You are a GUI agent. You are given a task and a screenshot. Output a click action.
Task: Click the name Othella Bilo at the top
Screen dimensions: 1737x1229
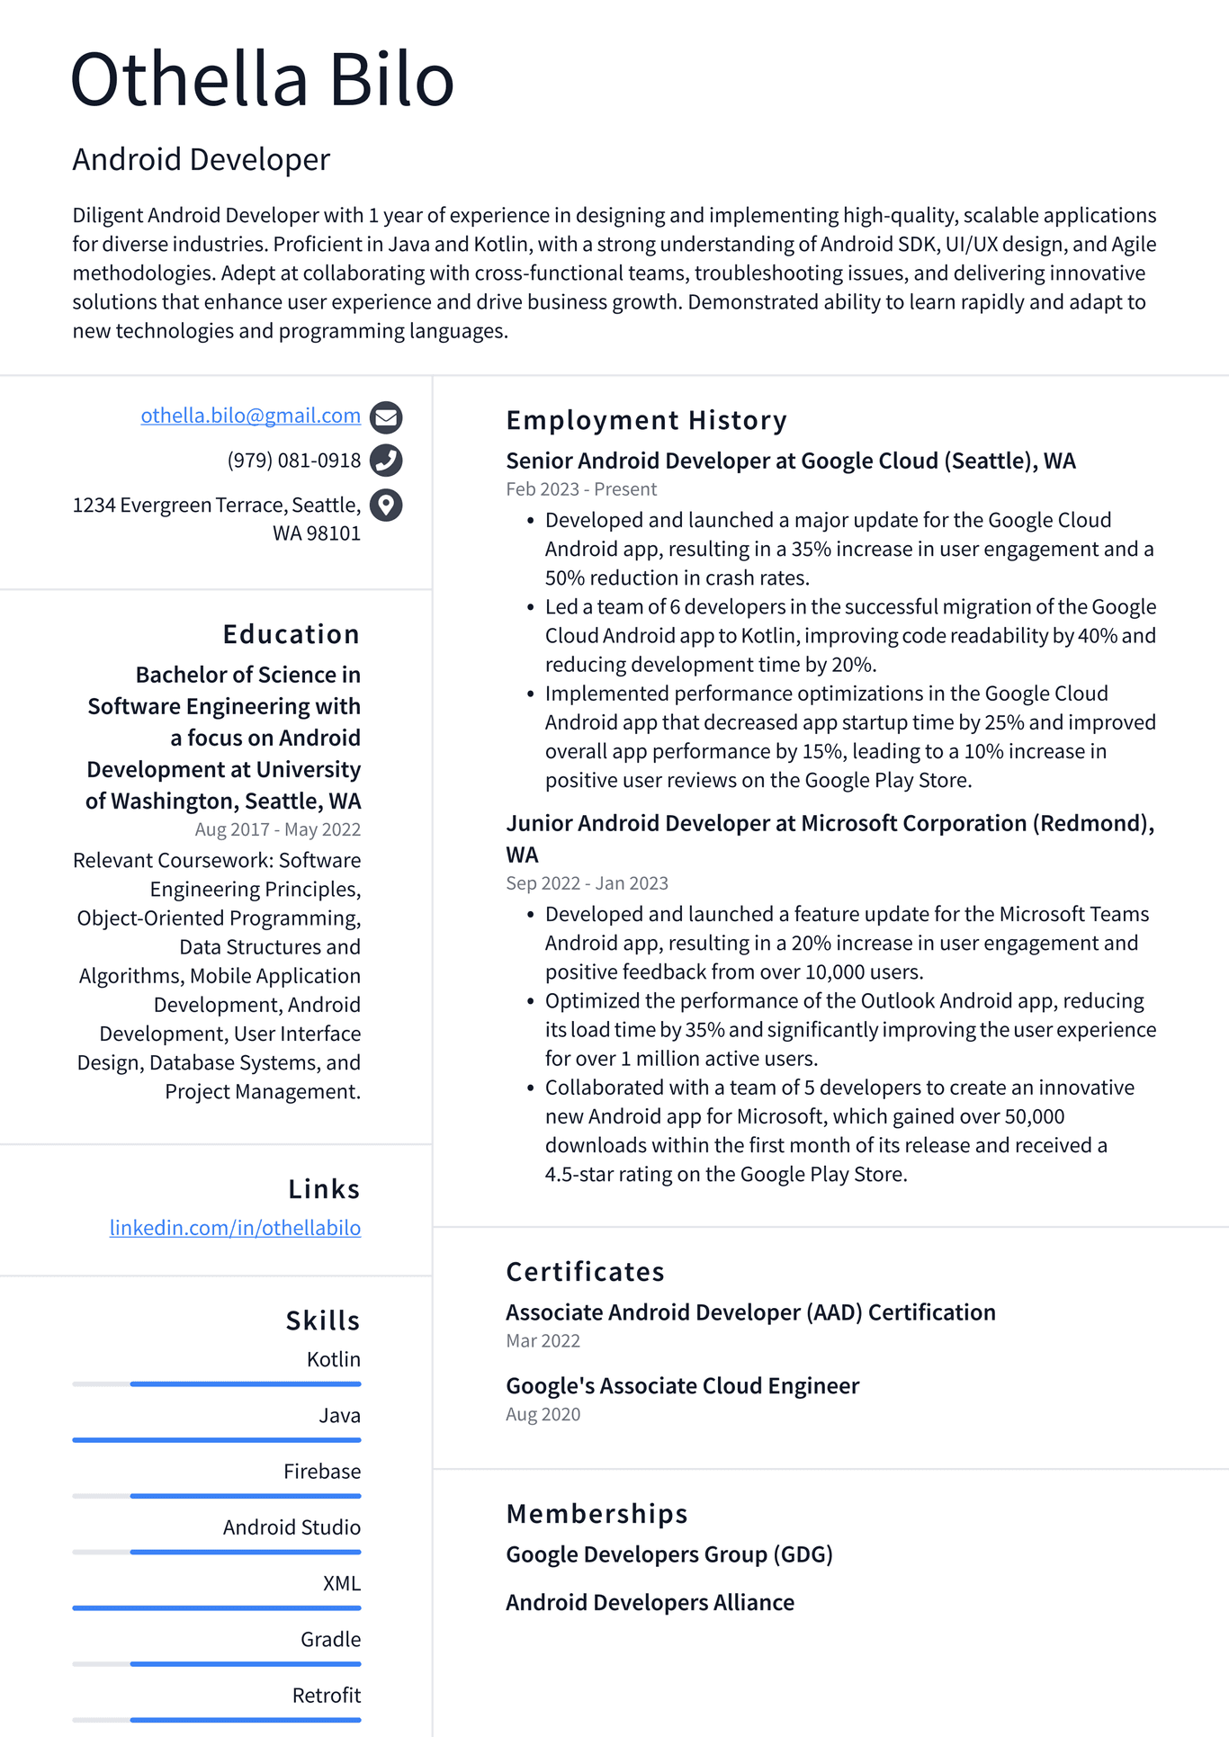click(262, 79)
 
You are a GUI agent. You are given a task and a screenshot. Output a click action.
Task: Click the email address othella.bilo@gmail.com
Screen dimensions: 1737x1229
click(250, 416)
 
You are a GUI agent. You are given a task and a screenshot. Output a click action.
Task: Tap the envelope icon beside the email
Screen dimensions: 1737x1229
click(386, 416)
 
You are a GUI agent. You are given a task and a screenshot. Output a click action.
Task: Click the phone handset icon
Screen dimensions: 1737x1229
click(386, 461)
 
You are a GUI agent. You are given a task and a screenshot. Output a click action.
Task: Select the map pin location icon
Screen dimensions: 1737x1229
click(386, 505)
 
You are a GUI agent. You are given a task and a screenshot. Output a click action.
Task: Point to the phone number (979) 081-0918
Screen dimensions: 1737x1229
click(293, 461)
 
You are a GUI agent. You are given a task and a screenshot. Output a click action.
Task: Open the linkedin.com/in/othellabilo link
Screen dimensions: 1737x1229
click(235, 1228)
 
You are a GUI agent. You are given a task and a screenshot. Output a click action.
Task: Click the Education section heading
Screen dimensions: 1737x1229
click(291, 634)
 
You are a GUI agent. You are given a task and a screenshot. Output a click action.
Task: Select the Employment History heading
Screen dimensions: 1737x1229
click(646, 420)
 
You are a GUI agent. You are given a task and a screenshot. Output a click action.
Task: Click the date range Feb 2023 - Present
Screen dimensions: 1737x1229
click(581, 489)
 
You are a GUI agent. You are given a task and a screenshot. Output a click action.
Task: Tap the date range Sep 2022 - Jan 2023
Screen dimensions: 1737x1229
click(587, 883)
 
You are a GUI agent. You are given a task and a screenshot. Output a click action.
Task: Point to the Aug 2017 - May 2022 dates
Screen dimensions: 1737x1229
click(277, 829)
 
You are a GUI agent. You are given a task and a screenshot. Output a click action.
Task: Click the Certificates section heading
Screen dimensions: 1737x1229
click(585, 1272)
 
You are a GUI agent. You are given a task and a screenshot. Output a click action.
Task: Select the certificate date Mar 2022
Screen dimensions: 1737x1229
click(543, 1341)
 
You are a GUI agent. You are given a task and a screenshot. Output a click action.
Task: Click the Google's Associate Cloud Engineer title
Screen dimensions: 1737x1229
click(682, 1386)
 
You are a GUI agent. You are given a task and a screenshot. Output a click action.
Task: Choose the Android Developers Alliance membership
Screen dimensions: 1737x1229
click(650, 1603)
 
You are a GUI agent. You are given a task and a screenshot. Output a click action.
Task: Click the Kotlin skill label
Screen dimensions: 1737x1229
click(333, 1359)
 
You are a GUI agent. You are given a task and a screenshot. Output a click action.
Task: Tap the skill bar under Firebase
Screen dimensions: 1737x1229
click(245, 1496)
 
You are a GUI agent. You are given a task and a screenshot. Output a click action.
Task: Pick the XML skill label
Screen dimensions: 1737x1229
click(341, 1583)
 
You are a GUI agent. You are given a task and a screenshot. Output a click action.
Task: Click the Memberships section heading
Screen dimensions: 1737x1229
click(597, 1514)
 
